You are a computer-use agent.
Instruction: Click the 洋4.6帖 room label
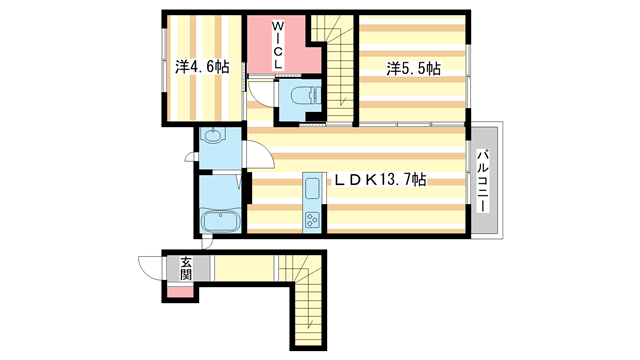[202, 67]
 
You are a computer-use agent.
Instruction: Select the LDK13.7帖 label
[380, 180]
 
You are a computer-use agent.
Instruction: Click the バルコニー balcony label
[482, 180]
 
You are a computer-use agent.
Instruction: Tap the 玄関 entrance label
[187, 269]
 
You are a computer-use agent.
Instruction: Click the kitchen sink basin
[311, 187]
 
